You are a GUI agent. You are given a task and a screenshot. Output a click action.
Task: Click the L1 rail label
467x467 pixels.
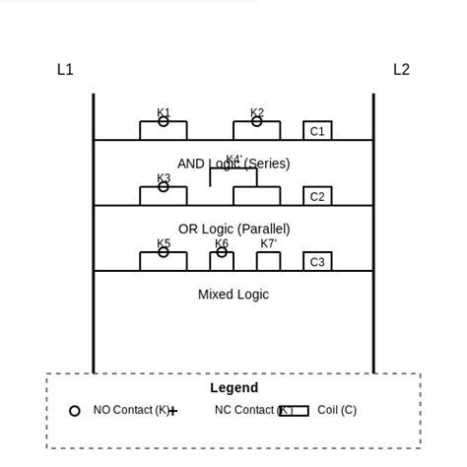click(x=65, y=70)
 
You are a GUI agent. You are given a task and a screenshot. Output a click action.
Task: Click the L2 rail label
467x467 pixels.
click(x=401, y=70)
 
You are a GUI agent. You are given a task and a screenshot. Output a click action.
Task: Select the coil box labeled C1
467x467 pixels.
click(x=317, y=131)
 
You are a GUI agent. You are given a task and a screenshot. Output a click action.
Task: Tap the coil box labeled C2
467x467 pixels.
click(x=317, y=196)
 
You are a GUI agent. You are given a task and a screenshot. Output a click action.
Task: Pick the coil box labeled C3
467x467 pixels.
click(x=317, y=261)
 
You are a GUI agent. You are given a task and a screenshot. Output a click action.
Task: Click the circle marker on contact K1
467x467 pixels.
click(x=164, y=122)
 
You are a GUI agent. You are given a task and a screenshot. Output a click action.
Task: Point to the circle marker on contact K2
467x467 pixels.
click(x=257, y=122)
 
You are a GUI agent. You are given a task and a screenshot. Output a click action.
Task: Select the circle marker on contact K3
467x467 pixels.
click(x=164, y=186)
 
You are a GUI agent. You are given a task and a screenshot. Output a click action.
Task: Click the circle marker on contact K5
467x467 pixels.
click(x=164, y=252)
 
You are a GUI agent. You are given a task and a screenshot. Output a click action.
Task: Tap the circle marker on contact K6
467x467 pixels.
click(x=222, y=252)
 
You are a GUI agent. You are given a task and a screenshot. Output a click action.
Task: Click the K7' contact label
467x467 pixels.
click(x=268, y=243)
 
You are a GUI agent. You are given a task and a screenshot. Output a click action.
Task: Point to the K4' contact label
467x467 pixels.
click(x=233, y=159)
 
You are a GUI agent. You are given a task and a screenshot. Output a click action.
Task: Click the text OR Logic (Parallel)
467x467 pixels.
click(x=233, y=229)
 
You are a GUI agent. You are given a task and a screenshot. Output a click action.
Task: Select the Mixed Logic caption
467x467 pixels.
click(x=233, y=294)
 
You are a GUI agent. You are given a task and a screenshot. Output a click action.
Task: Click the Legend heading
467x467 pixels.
click(x=233, y=388)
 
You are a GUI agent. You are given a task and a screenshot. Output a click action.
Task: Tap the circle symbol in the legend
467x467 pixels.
click(x=75, y=411)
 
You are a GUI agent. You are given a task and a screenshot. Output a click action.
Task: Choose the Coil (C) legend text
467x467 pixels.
click(x=337, y=410)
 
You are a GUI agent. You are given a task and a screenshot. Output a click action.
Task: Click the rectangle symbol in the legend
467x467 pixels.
click(x=294, y=411)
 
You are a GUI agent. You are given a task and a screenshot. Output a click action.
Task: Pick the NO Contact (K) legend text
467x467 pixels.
click(x=131, y=410)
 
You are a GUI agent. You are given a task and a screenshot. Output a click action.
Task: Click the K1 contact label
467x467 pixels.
click(x=164, y=112)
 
